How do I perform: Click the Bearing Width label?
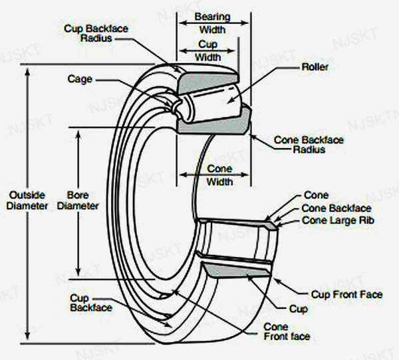[x=212, y=23]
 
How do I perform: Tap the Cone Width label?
[x=220, y=174]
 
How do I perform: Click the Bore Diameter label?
[x=82, y=201]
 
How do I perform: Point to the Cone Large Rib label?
[x=331, y=220]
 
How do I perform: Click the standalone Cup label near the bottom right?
[x=298, y=309]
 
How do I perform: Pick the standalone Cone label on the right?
[x=315, y=195]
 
